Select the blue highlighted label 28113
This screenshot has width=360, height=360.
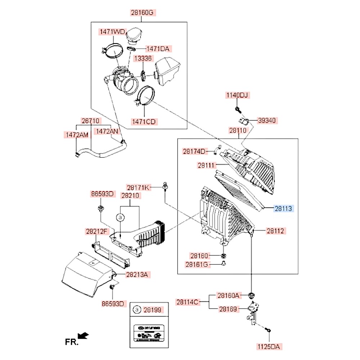[x=284, y=208]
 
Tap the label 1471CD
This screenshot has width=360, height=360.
[x=144, y=121]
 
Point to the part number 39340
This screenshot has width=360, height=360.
[x=267, y=121]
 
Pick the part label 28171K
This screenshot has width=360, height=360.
[x=138, y=187]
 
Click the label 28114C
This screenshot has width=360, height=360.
[x=188, y=302]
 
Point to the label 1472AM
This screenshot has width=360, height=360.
[x=77, y=135]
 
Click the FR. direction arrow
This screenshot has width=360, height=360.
[x=83, y=336]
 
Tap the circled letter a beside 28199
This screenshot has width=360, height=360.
[x=136, y=309]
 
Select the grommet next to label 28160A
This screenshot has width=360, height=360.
[x=251, y=296]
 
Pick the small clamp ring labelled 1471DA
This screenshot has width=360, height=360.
[x=131, y=49]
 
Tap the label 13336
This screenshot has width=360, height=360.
[x=143, y=58]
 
